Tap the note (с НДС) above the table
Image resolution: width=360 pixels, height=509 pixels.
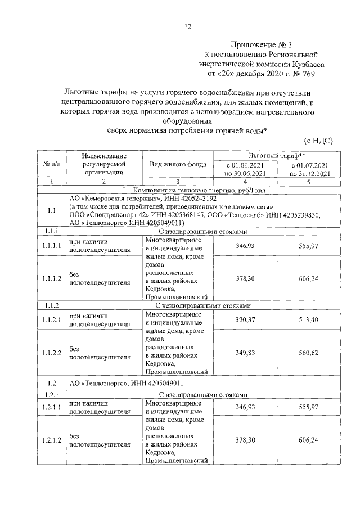click(318, 141)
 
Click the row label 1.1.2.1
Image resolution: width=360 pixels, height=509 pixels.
click(51, 319)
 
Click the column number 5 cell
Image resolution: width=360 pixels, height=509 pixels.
click(308, 182)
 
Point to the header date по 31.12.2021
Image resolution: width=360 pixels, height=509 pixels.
click(308, 173)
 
